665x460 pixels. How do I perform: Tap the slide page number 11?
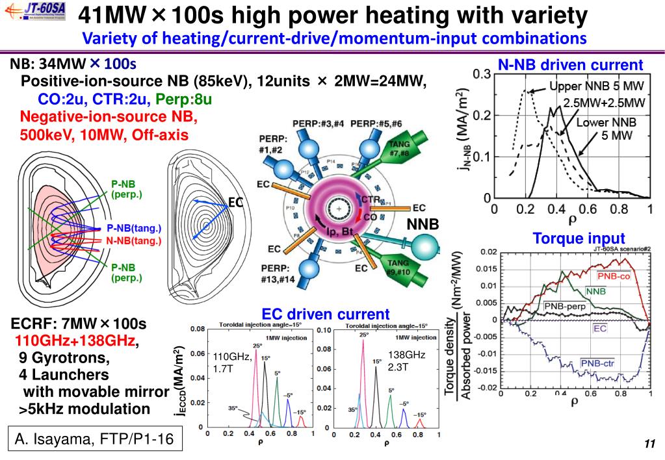point(648,444)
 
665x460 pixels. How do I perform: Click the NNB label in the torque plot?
point(595,292)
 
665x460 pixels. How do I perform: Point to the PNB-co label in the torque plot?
point(614,275)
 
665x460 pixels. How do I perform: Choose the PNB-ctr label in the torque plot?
point(597,363)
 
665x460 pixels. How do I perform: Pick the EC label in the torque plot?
point(600,329)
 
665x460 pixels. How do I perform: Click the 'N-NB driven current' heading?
point(570,65)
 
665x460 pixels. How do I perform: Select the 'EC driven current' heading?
point(326,314)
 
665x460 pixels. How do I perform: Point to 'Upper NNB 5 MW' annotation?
point(596,86)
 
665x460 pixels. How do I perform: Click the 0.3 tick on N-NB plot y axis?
point(482,75)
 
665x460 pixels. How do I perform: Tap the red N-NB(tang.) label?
point(133,240)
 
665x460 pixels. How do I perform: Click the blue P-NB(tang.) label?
point(133,229)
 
